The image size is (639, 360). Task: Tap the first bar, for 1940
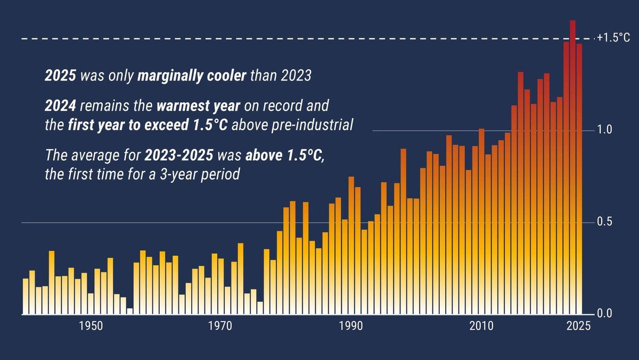pyautogui.click(x=26, y=297)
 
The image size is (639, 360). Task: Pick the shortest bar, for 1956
pyautogui.click(x=129, y=311)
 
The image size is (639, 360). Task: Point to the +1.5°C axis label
pyautogui.click(x=613, y=38)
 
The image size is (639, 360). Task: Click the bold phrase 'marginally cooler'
pyautogui.click(x=192, y=76)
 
